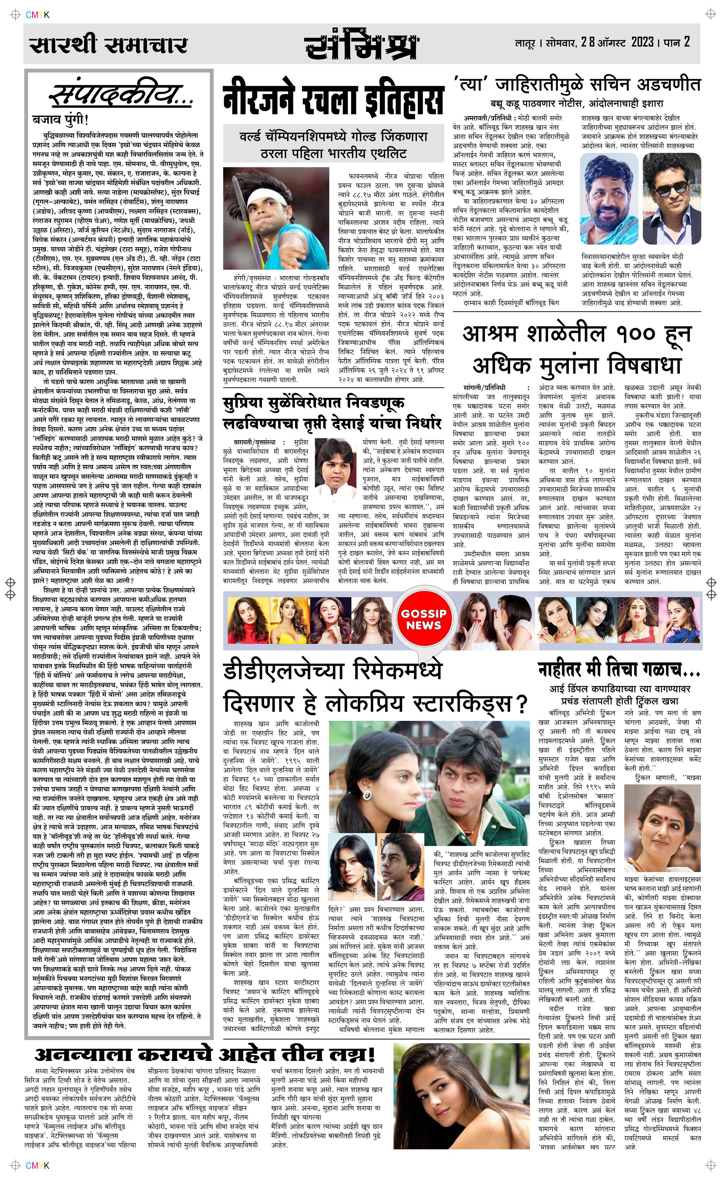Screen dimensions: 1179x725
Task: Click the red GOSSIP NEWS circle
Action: coord(424,619)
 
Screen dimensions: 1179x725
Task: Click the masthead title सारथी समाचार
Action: coord(108,45)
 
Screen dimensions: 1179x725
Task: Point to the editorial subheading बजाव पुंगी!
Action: coord(61,119)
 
